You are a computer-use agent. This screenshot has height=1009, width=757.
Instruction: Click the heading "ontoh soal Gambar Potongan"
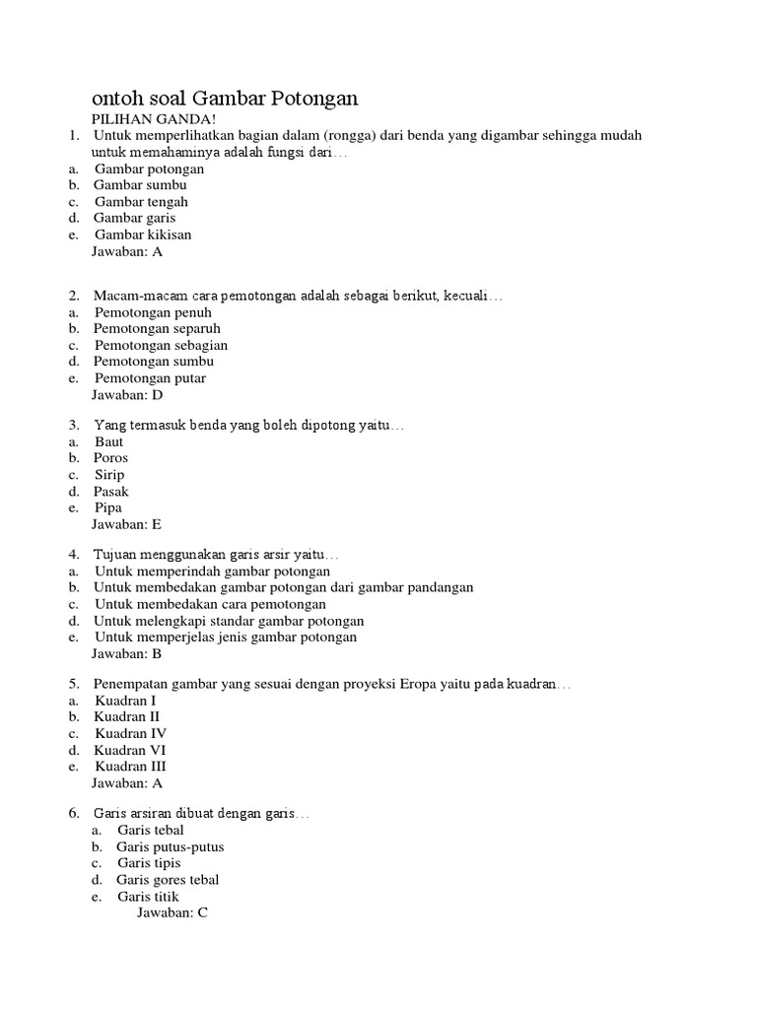(225, 99)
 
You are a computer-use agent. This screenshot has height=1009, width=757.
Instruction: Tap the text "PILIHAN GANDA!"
(146, 118)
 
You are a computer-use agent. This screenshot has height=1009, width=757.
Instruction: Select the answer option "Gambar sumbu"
(140, 184)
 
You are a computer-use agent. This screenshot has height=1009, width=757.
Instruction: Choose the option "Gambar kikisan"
(143, 235)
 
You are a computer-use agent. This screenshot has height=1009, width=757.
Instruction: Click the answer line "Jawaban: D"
(127, 394)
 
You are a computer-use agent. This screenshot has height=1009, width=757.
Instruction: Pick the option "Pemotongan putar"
(151, 377)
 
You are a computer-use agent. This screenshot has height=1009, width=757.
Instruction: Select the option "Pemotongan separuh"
(157, 328)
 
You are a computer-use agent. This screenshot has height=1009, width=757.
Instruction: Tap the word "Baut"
(109, 441)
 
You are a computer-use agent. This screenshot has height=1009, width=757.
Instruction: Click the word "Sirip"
(109, 474)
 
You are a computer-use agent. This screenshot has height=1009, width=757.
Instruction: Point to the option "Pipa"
(108, 507)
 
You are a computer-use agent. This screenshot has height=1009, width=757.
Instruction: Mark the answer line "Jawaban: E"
(126, 524)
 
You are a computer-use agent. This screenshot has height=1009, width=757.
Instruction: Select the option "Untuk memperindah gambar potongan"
(212, 571)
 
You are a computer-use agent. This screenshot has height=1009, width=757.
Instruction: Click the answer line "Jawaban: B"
(126, 653)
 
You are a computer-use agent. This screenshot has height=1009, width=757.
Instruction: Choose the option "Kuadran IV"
(131, 733)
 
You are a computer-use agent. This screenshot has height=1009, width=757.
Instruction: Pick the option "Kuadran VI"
(130, 750)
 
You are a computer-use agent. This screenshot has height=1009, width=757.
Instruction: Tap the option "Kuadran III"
(131, 766)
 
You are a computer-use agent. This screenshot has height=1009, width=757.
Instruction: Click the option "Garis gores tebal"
(168, 879)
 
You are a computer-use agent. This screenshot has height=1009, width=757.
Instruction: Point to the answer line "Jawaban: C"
(172, 912)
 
